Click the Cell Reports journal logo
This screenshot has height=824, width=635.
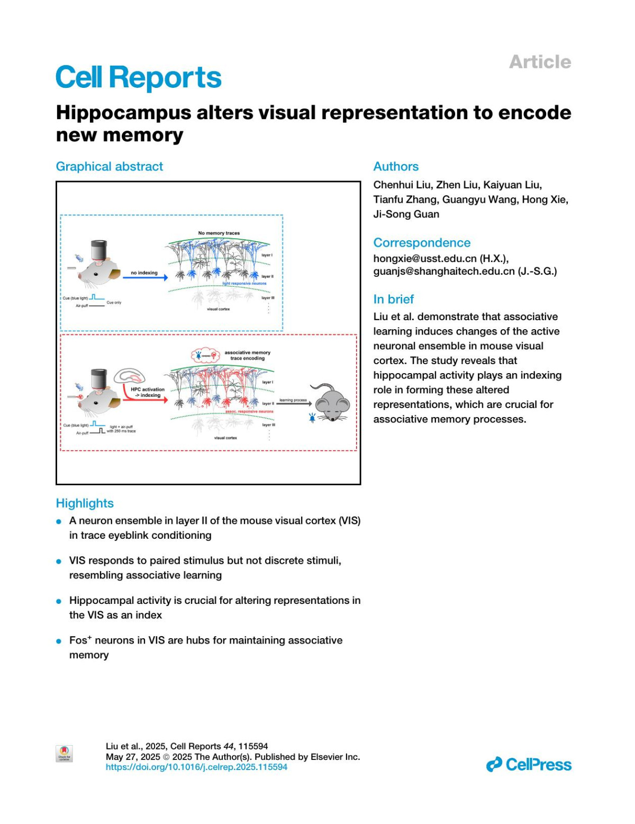tap(138, 78)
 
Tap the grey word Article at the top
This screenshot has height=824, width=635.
tap(540, 62)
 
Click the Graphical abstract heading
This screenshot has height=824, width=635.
tap(110, 167)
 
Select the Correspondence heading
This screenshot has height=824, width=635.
tap(422, 243)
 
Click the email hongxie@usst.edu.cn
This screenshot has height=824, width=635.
tap(425, 258)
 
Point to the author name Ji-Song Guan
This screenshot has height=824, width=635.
tap(406, 214)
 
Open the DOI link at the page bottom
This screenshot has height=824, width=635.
tap(196, 767)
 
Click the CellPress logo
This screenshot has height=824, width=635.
tap(529, 765)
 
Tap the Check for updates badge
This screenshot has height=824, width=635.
tap(64, 753)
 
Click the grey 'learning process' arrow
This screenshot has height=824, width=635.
tap(294, 404)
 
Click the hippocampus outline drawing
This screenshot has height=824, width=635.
tap(130, 376)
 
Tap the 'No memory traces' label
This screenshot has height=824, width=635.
tap(219, 233)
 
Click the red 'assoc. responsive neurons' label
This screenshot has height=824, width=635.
tap(249, 411)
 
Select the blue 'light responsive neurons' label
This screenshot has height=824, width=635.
tap(244, 284)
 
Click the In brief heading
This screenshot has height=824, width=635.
tap(393, 300)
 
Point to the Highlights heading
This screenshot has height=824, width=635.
tap(85, 503)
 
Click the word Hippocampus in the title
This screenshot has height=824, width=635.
tap(123, 113)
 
